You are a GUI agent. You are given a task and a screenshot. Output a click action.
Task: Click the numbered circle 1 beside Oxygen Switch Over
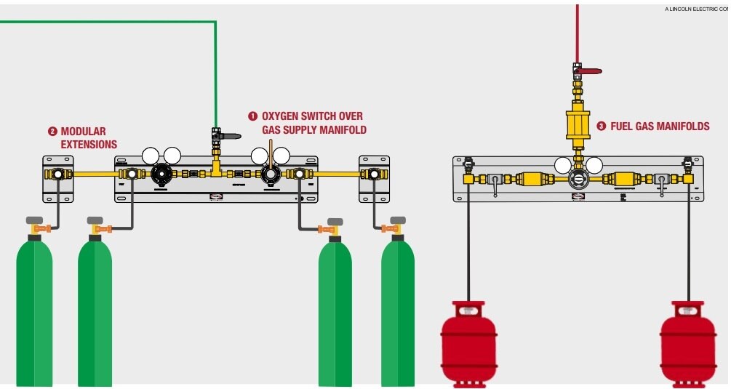[x=253, y=116]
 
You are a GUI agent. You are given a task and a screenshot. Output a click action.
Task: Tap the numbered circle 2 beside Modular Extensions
[x=52, y=132]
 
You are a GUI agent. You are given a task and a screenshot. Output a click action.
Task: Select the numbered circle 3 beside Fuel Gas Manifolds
[x=601, y=127]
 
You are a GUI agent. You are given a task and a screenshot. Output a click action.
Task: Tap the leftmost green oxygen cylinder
[x=34, y=313]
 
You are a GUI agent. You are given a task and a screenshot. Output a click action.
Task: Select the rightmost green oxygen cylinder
[x=398, y=313]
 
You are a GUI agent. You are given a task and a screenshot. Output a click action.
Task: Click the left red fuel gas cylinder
[x=468, y=342]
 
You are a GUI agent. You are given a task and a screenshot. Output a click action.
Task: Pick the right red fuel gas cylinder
[x=687, y=342]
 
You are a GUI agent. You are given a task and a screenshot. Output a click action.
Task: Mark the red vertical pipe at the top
[x=578, y=29]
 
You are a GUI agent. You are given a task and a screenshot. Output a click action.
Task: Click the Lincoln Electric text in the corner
[x=695, y=9]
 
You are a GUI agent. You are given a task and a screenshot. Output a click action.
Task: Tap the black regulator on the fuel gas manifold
[x=578, y=180]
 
